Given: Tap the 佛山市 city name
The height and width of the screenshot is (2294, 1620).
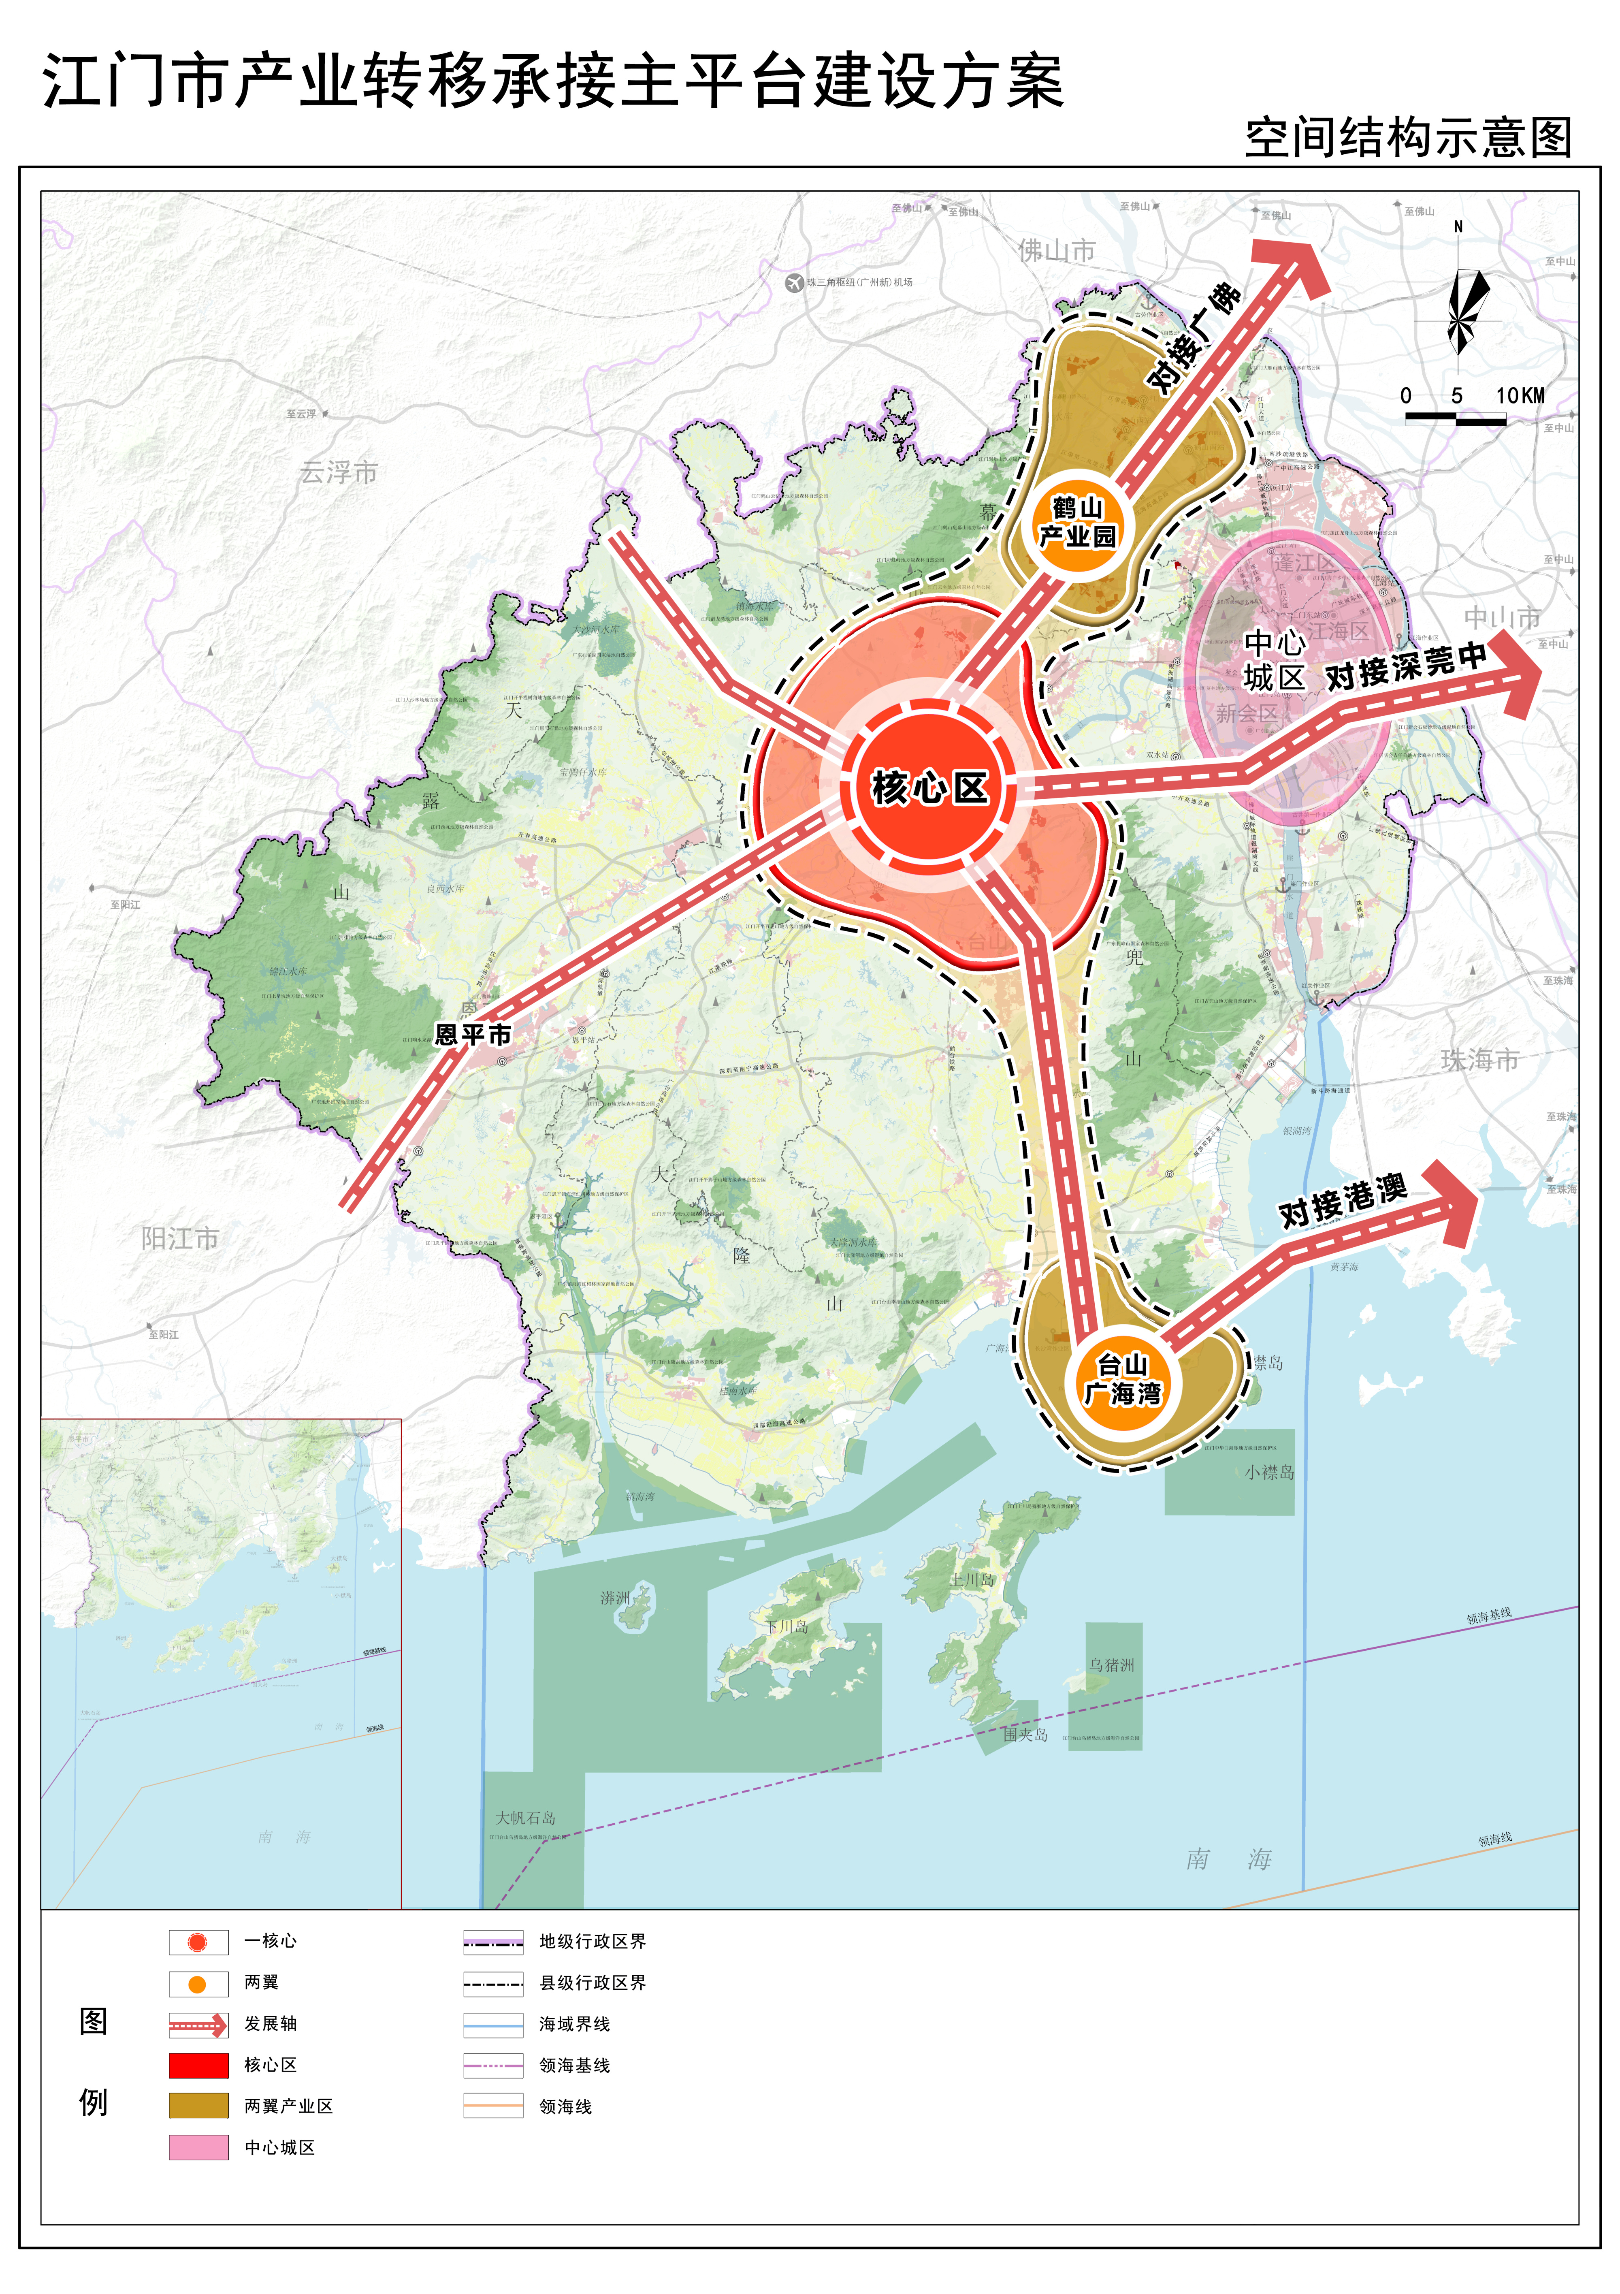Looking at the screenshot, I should [x=1057, y=251].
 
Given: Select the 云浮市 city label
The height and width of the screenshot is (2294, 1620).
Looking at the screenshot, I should [x=339, y=473].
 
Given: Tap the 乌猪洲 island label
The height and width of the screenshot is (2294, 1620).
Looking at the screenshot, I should [x=1112, y=1664].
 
